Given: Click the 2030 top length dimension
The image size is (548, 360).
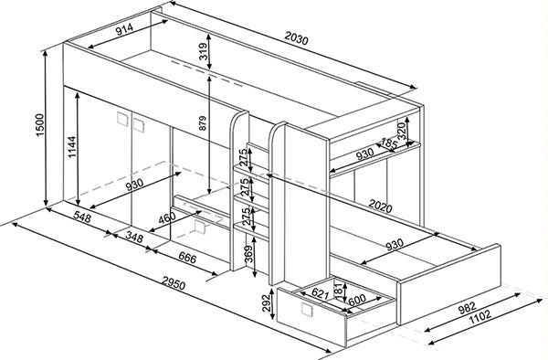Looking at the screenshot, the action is [297, 39].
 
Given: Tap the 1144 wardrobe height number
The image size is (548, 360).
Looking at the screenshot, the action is [71, 145].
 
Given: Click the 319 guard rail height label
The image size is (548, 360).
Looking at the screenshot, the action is [202, 54].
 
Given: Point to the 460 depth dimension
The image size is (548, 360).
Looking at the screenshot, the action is [166, 218].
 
